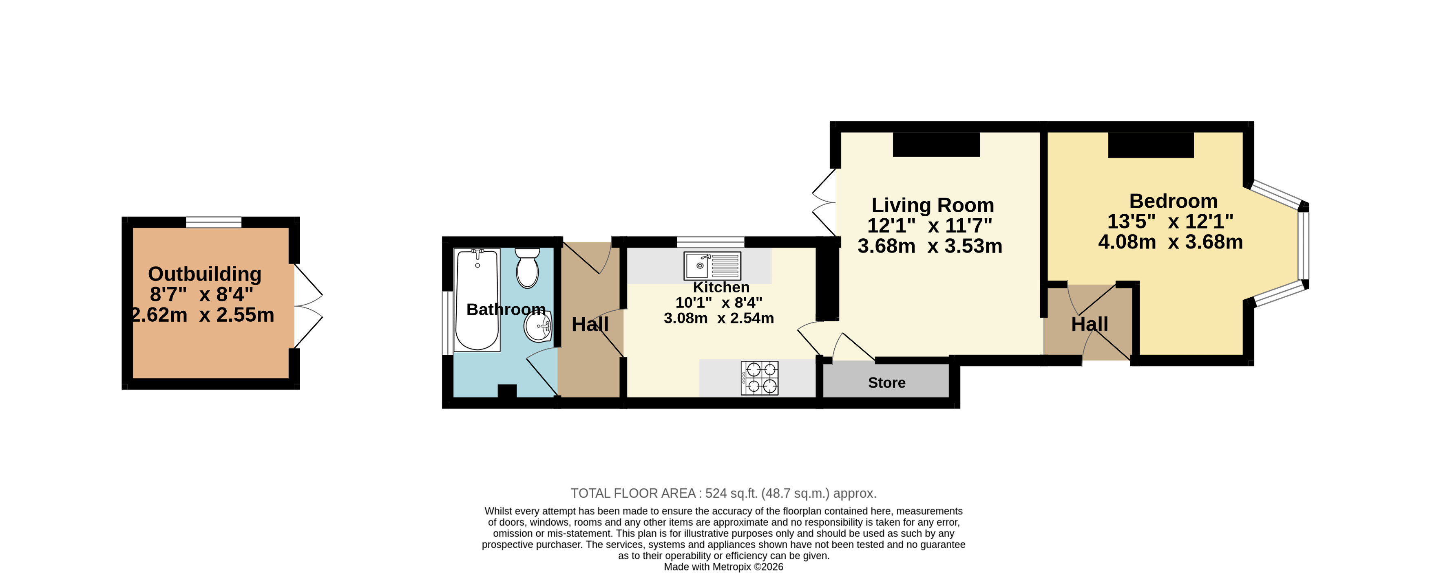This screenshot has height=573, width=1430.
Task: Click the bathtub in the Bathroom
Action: click(x=477, y=300)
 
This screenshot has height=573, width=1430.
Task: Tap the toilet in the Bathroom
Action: click(x=527, y=268)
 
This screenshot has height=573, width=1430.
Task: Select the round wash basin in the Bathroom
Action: click(x=538, y=326)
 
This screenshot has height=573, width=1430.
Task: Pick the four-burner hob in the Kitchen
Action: click(x=759, y=378)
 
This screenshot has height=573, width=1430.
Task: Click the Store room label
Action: click(x=886, y=383)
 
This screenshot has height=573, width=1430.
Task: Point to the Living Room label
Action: click(x=933, y=205)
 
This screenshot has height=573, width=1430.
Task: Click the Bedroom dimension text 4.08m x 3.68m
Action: click(x=1170, y=242)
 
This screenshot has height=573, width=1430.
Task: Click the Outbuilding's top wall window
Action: click(x=214, y=222)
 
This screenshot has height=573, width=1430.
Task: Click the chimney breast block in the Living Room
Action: click(x=937, y=144)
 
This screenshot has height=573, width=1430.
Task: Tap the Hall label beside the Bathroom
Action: click(x=590, y=325)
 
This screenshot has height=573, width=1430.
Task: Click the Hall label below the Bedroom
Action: click(x=1089, y=325)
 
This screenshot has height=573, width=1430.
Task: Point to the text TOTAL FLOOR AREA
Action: click(x=633, y=493)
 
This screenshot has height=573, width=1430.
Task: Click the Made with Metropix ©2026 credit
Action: click(x=723, y=567)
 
